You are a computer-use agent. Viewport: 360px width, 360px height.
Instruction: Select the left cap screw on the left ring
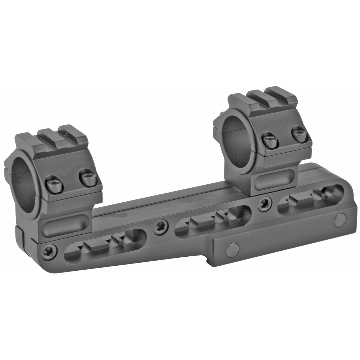(x=54, y=185)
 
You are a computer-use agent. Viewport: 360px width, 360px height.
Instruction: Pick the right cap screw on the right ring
(x=299, y=134)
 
